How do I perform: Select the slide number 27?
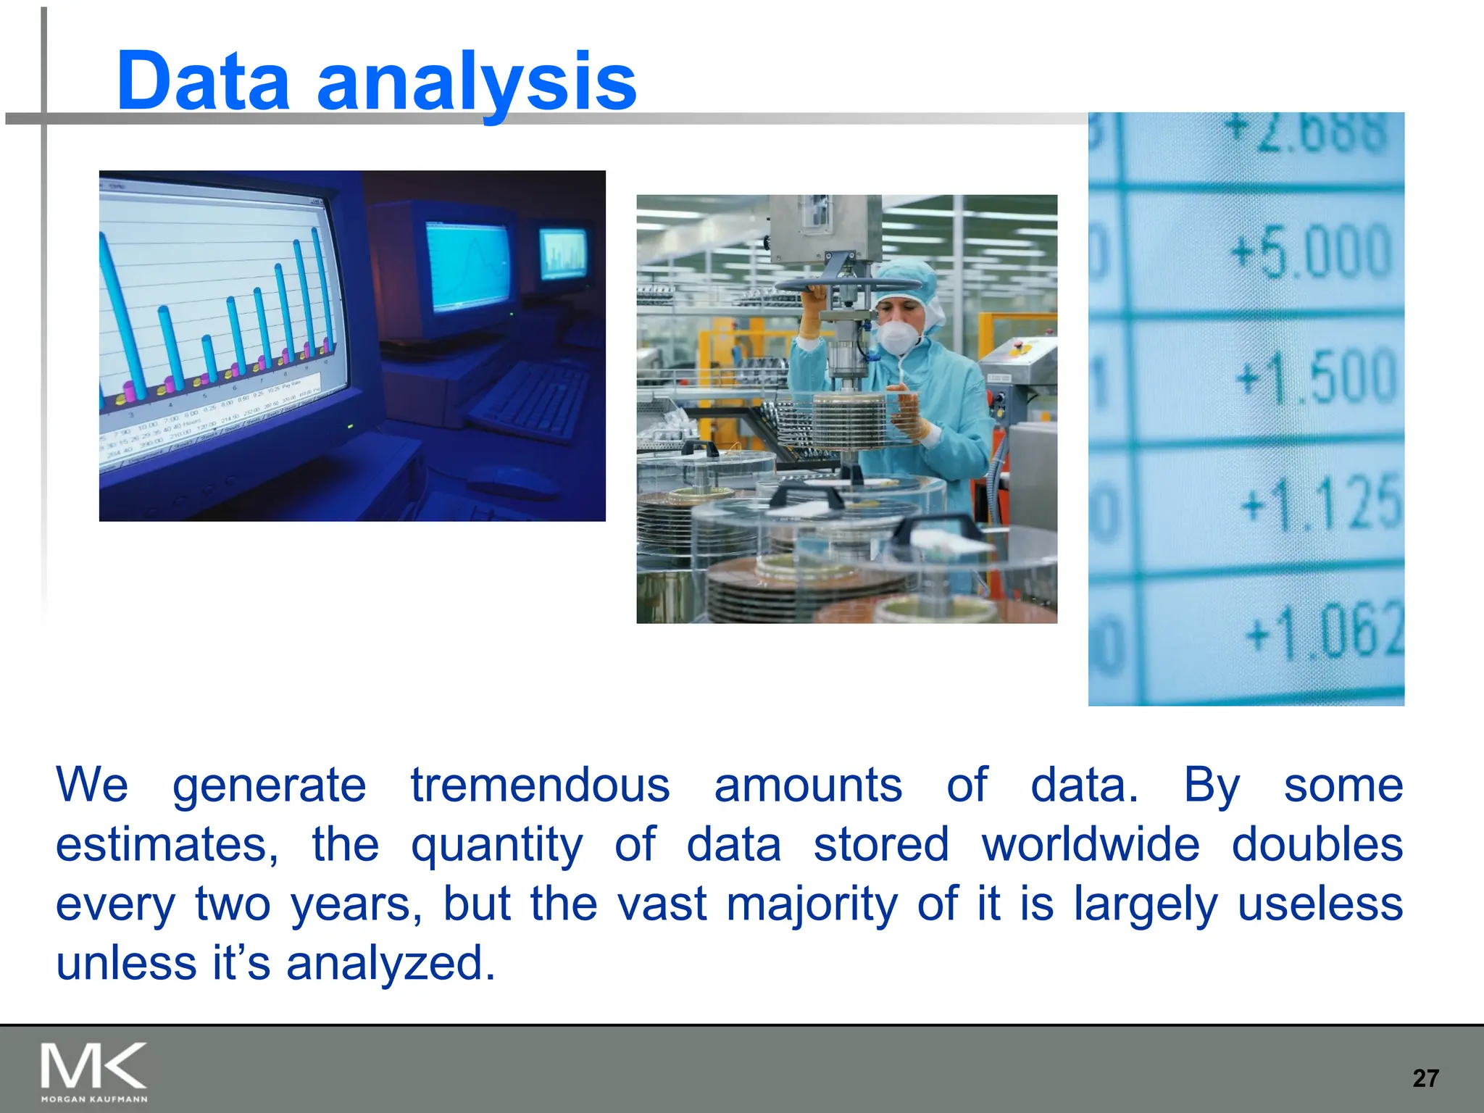[x=1425, y=1078]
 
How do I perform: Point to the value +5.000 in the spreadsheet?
[x=1311, y=251]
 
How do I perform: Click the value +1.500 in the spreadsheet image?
[x=1315, y=376]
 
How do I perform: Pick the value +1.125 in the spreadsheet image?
[x=1320, y=502]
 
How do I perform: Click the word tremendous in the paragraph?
[x=540, y=785]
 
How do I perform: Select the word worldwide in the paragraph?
[x=1091, y=845]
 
